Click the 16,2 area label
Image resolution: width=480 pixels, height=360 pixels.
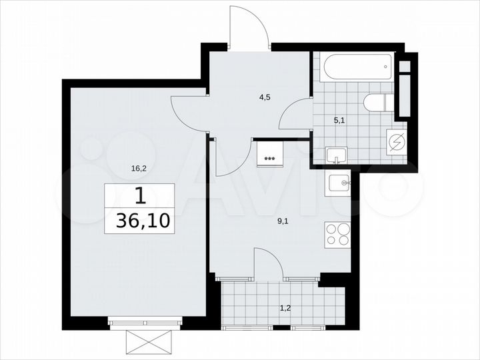click(139, 169)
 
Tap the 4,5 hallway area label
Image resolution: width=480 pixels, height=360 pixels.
click(265, 96)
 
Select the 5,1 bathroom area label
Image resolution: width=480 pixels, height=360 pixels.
click(339, 121)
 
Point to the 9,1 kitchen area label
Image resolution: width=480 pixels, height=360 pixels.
click(283, 215)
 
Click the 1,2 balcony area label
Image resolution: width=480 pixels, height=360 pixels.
click(285, 309)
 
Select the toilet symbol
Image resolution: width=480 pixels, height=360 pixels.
click(378, 103)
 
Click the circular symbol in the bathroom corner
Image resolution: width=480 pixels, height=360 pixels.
click(397, 142)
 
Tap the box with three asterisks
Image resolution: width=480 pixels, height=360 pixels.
click(269, 155)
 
